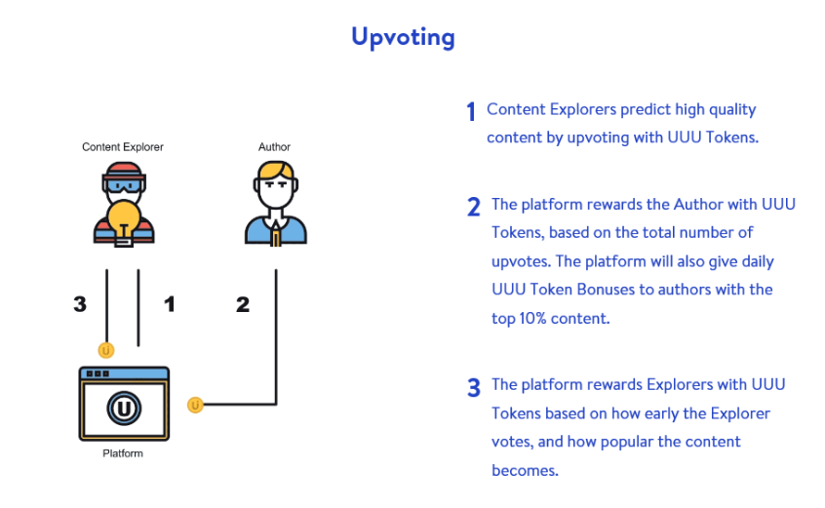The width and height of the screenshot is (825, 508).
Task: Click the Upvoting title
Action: pos(403,37)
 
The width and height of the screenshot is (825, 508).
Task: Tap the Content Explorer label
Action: pos(123,146)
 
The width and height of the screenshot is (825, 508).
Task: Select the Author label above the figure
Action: pos(274,146)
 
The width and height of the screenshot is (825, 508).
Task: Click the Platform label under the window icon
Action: pos(123,453)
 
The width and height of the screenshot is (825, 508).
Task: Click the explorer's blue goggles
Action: pos(124,185)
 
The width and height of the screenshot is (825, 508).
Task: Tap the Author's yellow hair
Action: pos(276,170)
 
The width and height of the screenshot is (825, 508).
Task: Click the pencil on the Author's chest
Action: pos(275,234)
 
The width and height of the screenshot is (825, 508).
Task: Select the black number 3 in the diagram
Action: pos(80,304)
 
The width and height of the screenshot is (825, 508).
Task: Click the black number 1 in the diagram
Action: pos(170,304)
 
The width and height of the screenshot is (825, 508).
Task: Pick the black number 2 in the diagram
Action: pos(243,304)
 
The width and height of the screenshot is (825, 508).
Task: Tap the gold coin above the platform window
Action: pos(106,350)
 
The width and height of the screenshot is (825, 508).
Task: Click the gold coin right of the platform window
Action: pos(195,405)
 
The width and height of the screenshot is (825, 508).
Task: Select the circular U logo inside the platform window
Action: pos(124,409)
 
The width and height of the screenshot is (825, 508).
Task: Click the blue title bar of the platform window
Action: pos(124,373)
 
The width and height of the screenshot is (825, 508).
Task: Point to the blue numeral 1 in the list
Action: pos(471,111)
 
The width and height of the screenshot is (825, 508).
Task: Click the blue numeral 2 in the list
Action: pos(474,207)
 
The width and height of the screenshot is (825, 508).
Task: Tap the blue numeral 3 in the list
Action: pos(474,387)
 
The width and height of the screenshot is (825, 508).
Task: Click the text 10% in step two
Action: pos(532,319)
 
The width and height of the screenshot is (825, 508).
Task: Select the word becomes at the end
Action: pos(525,470)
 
